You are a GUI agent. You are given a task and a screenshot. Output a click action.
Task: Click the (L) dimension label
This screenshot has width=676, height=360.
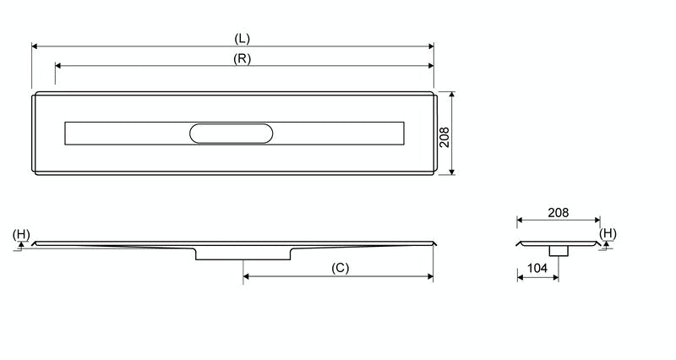click(242, 39)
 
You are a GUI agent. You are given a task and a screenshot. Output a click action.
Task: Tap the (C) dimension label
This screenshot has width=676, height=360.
click(339, 268)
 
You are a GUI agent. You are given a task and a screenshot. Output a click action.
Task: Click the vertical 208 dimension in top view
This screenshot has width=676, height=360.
click(444, 134)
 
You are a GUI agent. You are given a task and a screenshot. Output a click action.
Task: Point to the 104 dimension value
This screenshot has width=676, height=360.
click(537, 268)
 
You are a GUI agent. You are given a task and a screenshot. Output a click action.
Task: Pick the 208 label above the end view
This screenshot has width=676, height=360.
click(558, 213)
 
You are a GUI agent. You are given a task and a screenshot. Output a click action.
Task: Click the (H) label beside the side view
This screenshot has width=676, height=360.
click(21, 233)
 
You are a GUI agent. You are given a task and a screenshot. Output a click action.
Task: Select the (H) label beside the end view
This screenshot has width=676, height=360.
click(608, 233)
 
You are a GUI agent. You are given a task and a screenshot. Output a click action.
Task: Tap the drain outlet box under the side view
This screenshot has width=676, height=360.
click(244, 254)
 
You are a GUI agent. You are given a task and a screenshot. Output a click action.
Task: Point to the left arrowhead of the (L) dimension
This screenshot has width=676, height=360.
click(35, 46)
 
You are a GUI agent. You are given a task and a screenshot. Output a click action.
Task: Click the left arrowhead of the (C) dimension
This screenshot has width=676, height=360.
click(246, 275)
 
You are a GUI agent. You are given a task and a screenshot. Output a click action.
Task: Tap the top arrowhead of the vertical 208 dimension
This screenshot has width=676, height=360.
click(453, 95)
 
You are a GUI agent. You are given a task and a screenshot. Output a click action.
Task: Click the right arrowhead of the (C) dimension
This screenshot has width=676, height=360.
click(430, 275)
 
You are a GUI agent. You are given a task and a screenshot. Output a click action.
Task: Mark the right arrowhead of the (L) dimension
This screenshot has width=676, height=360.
click(430, 46)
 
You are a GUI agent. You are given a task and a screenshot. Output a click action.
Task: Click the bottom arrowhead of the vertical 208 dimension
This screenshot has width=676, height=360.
click(453, 172)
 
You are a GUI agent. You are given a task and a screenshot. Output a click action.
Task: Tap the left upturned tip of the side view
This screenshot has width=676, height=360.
click(34, 244)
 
